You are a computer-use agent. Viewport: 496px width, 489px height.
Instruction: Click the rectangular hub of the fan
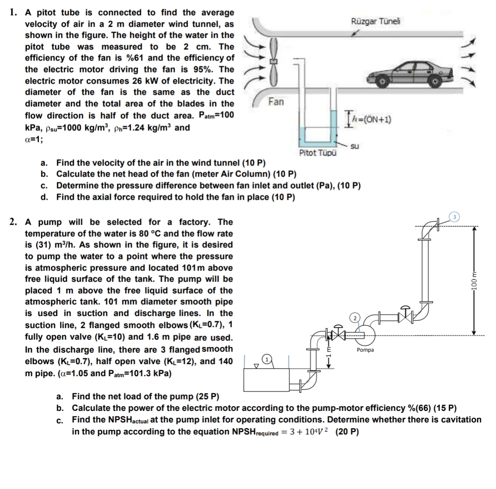274,60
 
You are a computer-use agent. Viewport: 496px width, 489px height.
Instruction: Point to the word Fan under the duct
276,102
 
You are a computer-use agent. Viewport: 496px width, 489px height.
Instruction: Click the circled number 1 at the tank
266,359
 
